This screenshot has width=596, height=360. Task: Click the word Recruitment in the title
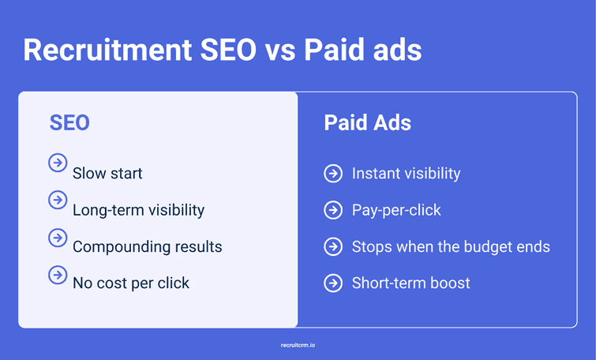[x=104, y=51]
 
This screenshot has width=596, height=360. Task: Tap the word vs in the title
[x=286, y=51]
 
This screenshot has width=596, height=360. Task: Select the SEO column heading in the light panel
[x=69, y=123]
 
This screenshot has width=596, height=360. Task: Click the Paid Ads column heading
[x=367, y=124]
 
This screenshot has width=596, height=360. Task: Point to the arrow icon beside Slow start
[x=58, y=163]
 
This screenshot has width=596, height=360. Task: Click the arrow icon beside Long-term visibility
[x=58, y=200]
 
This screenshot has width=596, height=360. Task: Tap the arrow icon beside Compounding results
[x=58, y=237]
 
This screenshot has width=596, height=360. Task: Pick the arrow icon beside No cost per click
[x=58, y=274]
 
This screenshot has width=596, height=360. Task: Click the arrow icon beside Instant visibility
[x=333, y=174]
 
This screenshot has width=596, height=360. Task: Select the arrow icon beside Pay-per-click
[x=333, y=210]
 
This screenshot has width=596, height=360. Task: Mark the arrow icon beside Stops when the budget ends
[x=333, y=246]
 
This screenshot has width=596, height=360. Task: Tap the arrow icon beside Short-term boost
[x=333, y=283]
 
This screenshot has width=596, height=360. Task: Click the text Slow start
[x=107, y=174]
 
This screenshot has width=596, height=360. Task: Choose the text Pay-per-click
[x=396, y=210]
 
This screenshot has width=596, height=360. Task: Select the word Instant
[x=376, y=174]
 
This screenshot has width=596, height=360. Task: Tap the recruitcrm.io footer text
[x=298, y=345]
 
